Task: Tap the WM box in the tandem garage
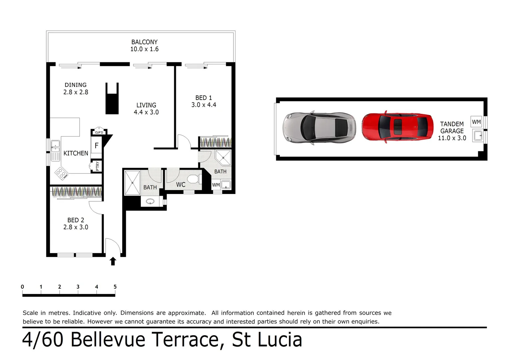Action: coord(476,122)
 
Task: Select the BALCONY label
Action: coord(144,42)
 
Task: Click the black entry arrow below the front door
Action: coord(113,261)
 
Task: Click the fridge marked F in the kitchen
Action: coord(97,145)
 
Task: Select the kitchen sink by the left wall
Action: coord(55,150)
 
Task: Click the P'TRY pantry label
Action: coord(97,166)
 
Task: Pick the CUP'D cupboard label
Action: coord(99,132)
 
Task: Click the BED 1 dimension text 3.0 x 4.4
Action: coord(204,105)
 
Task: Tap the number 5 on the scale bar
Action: coord(115,287)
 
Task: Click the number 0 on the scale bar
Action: coord(22,287)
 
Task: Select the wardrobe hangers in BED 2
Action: coord(76,191)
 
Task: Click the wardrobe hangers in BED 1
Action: coord(215,142)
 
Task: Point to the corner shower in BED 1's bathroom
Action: coord(223,158)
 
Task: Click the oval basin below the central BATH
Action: coord(150,201)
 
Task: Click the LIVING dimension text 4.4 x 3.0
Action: coord(146,112)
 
